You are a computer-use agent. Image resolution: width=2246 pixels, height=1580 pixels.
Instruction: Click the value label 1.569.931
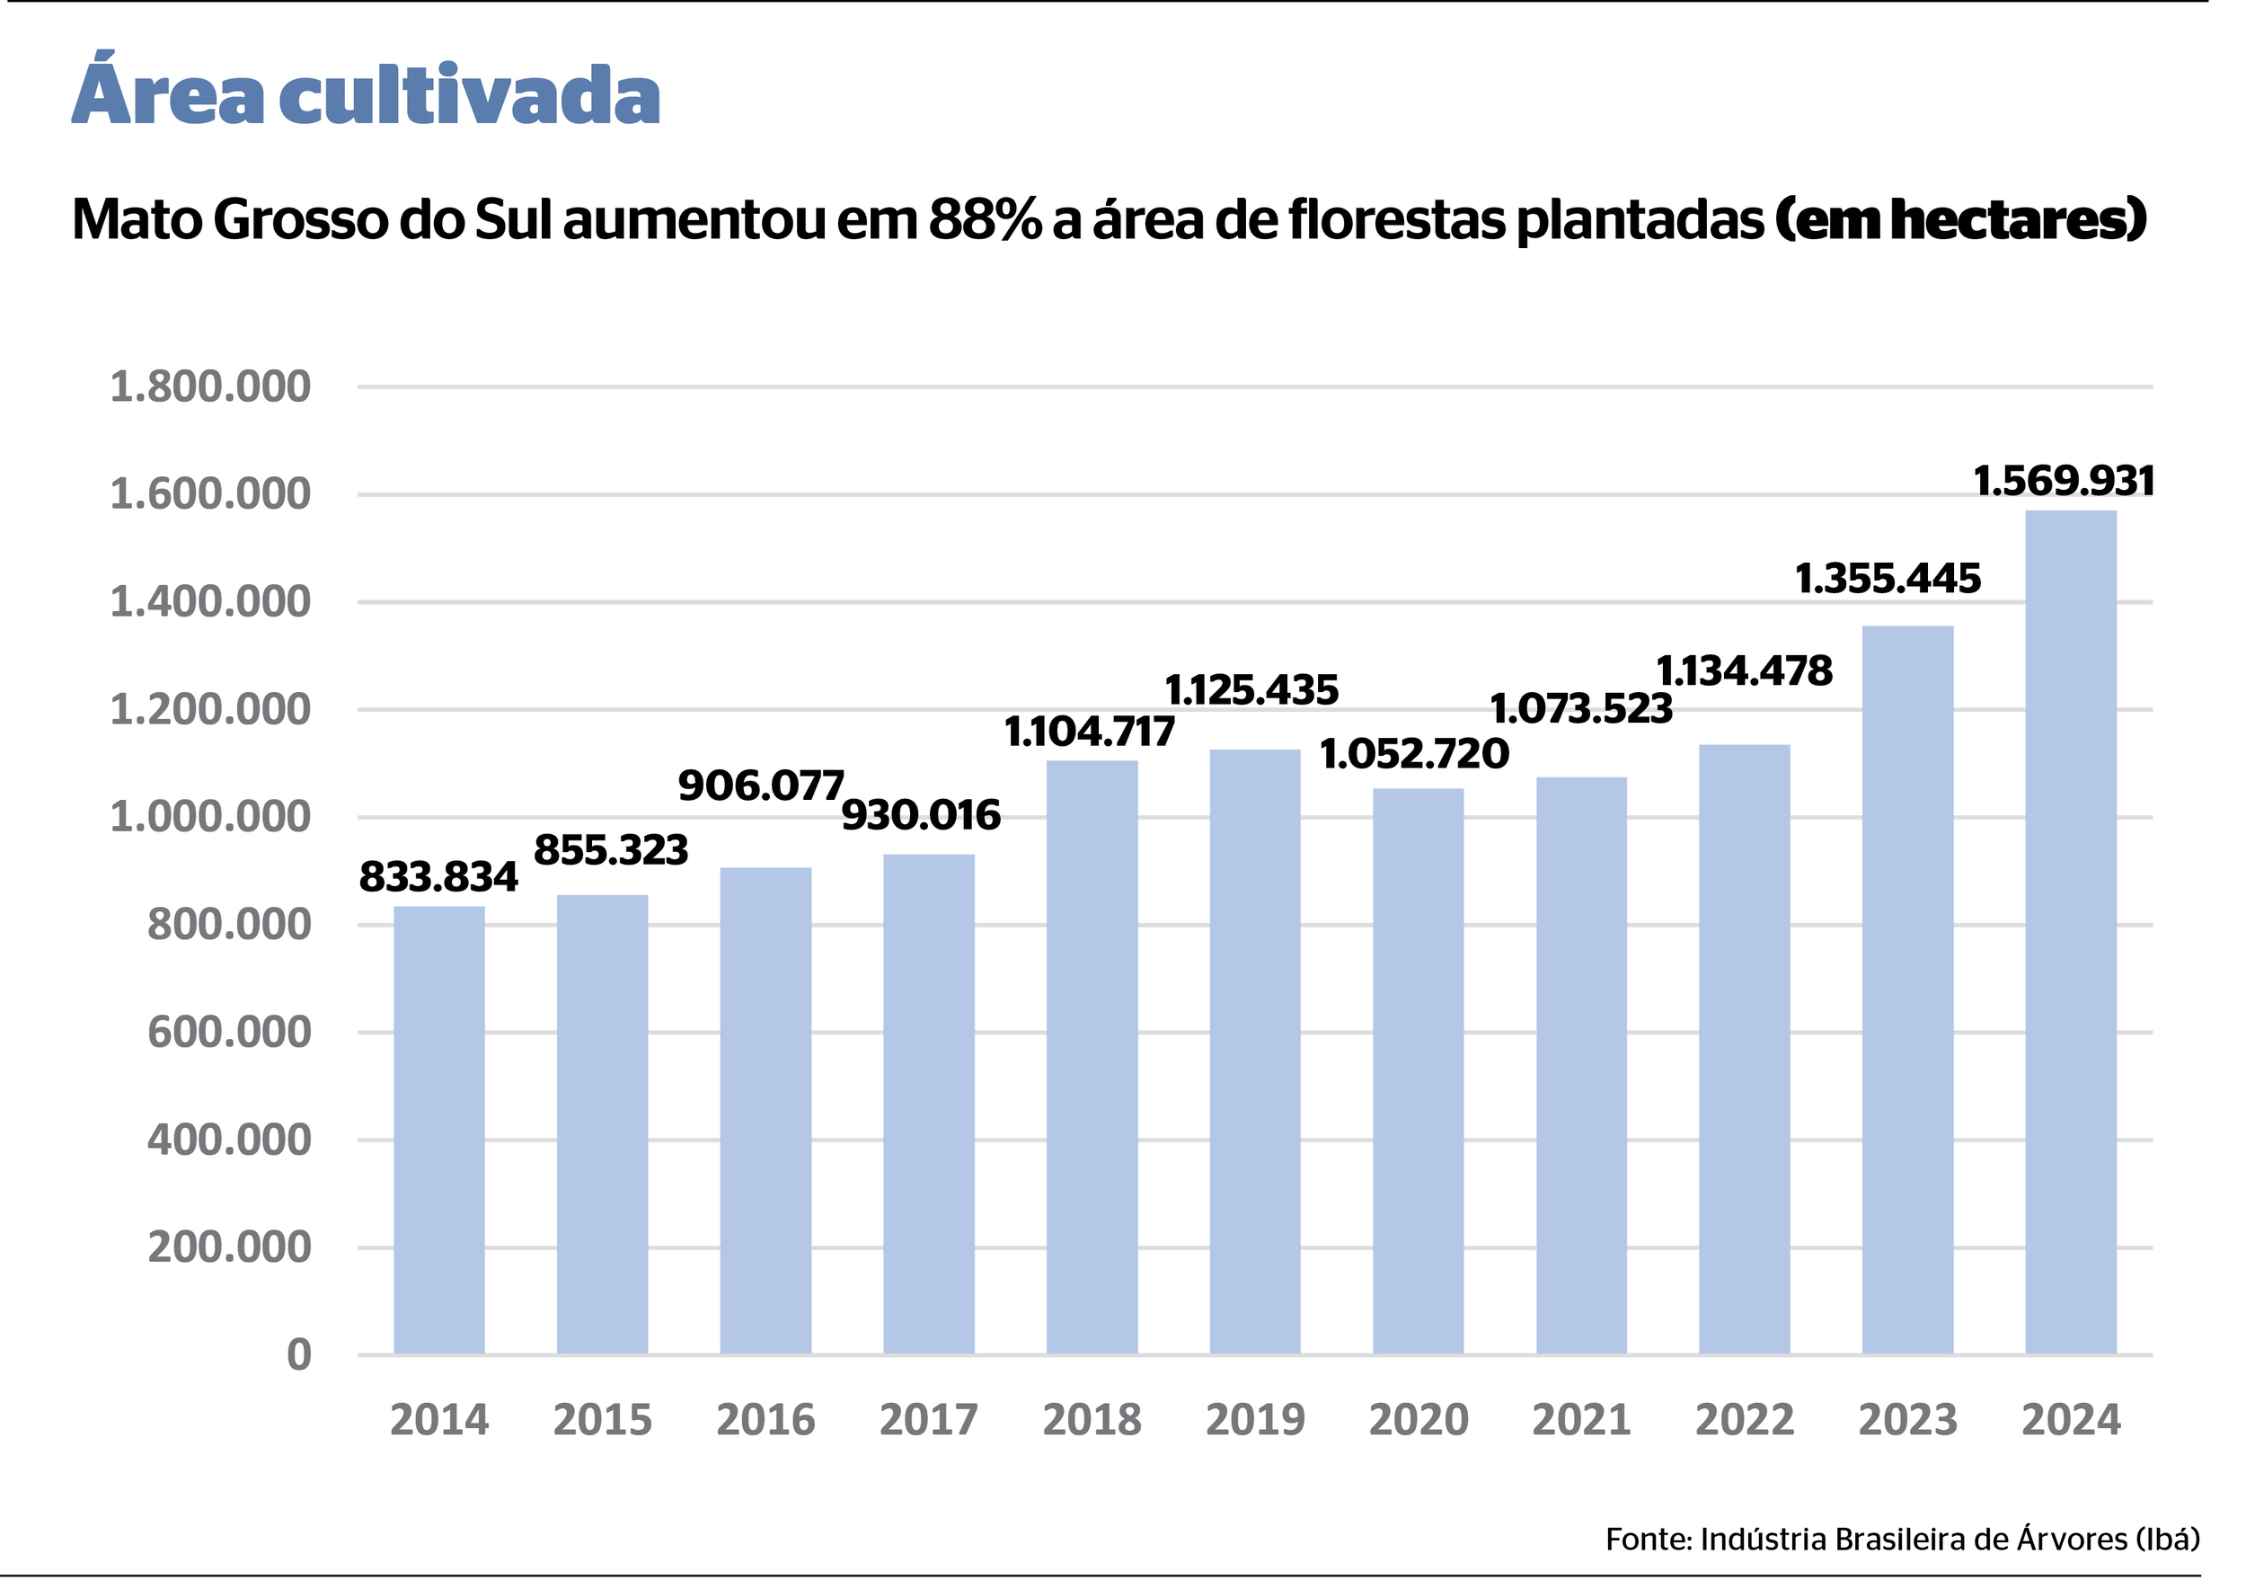click(x=2064, y=482)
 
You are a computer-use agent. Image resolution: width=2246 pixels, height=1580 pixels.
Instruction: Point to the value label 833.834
click(x=438, y=876)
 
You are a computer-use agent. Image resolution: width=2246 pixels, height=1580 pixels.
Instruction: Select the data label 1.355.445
click(x=1888, y=579)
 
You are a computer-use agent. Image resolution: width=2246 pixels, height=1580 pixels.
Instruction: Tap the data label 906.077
click(x=760, y=786)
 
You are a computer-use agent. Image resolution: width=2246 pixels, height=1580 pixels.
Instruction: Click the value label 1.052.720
click(x=1414, y=754)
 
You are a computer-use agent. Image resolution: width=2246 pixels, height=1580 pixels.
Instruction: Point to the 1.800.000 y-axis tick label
click(x=210, y=387)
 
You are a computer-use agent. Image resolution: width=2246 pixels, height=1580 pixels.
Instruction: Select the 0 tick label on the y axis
click(x=299, y=1355)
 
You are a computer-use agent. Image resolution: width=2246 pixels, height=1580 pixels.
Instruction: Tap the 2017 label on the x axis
click(x=928, y=1419)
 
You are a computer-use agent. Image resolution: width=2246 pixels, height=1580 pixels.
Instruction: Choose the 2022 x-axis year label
click(x=1744, y=1419)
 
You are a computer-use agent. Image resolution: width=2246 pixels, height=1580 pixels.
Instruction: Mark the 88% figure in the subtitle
click(x=985, y=219)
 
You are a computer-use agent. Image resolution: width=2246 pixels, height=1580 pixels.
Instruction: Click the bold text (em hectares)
click(x=1960, y=219)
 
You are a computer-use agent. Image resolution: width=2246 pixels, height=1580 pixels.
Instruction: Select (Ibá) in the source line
click(x=2168, y=1539)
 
